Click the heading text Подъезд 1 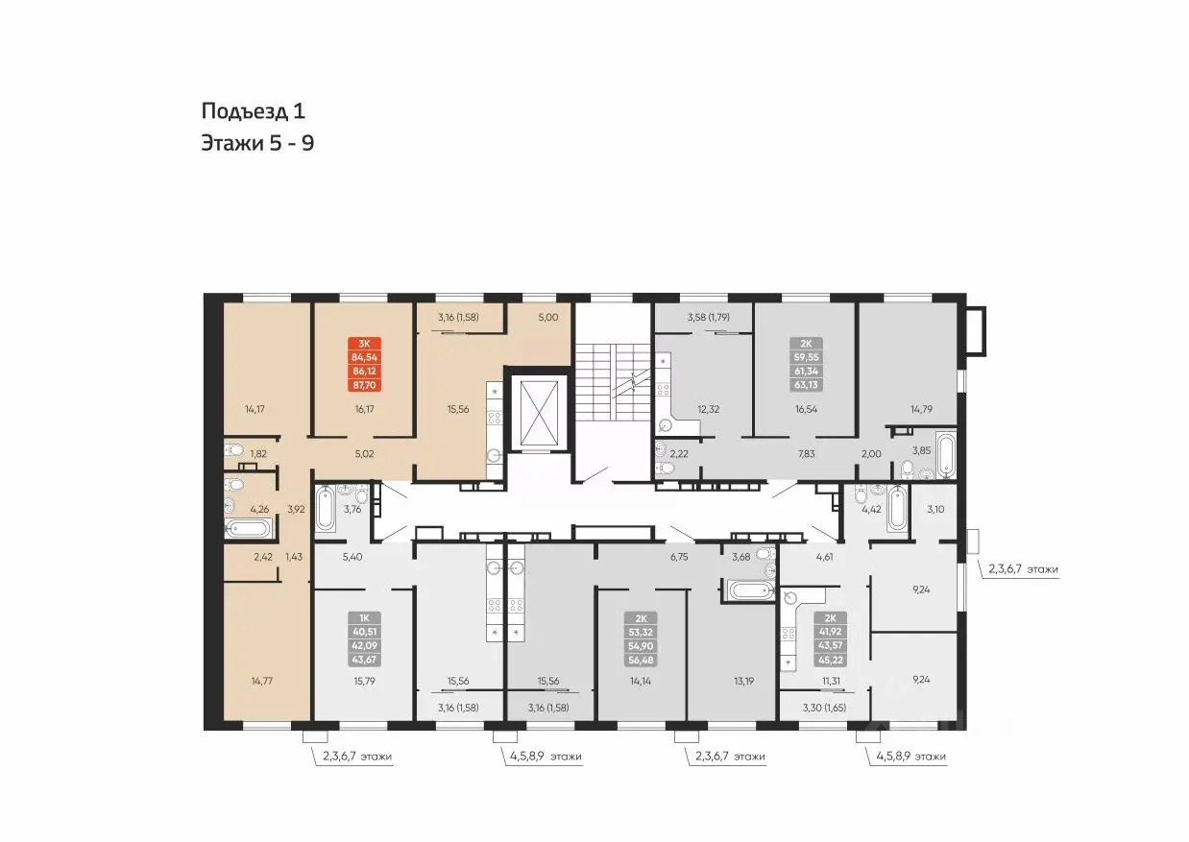coord(254,111)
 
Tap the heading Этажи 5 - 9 coord(257,143)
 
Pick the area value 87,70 coord(364,385)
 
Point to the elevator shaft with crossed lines coord(539,413)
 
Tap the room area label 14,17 coord(255,409)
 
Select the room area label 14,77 coord(261,681)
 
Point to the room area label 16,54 coord(806,409)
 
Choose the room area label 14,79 coord(921,409)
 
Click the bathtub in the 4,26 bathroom coord(248,528)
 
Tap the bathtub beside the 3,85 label coord(945,455)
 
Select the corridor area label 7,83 coord(806,453)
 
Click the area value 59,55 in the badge coord(806,357)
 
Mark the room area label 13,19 coord(743,681)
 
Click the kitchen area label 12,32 coord(709,409)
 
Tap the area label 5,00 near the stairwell coord(548,317)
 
